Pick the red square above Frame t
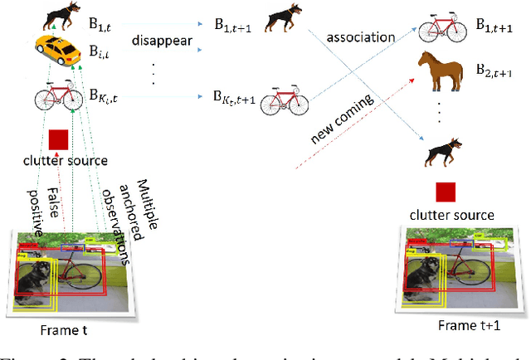coord(58,139)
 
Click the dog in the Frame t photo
coord(37,278)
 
